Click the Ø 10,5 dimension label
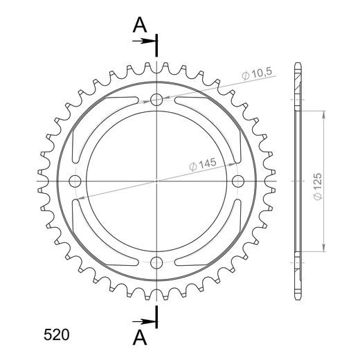257,74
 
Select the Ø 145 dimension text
203,164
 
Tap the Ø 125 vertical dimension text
318,186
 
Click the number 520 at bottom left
57,334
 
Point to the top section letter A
140,25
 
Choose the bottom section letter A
140,336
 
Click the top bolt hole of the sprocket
156,100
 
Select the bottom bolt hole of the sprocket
156,262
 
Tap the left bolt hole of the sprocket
75,181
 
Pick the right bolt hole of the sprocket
238,181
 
